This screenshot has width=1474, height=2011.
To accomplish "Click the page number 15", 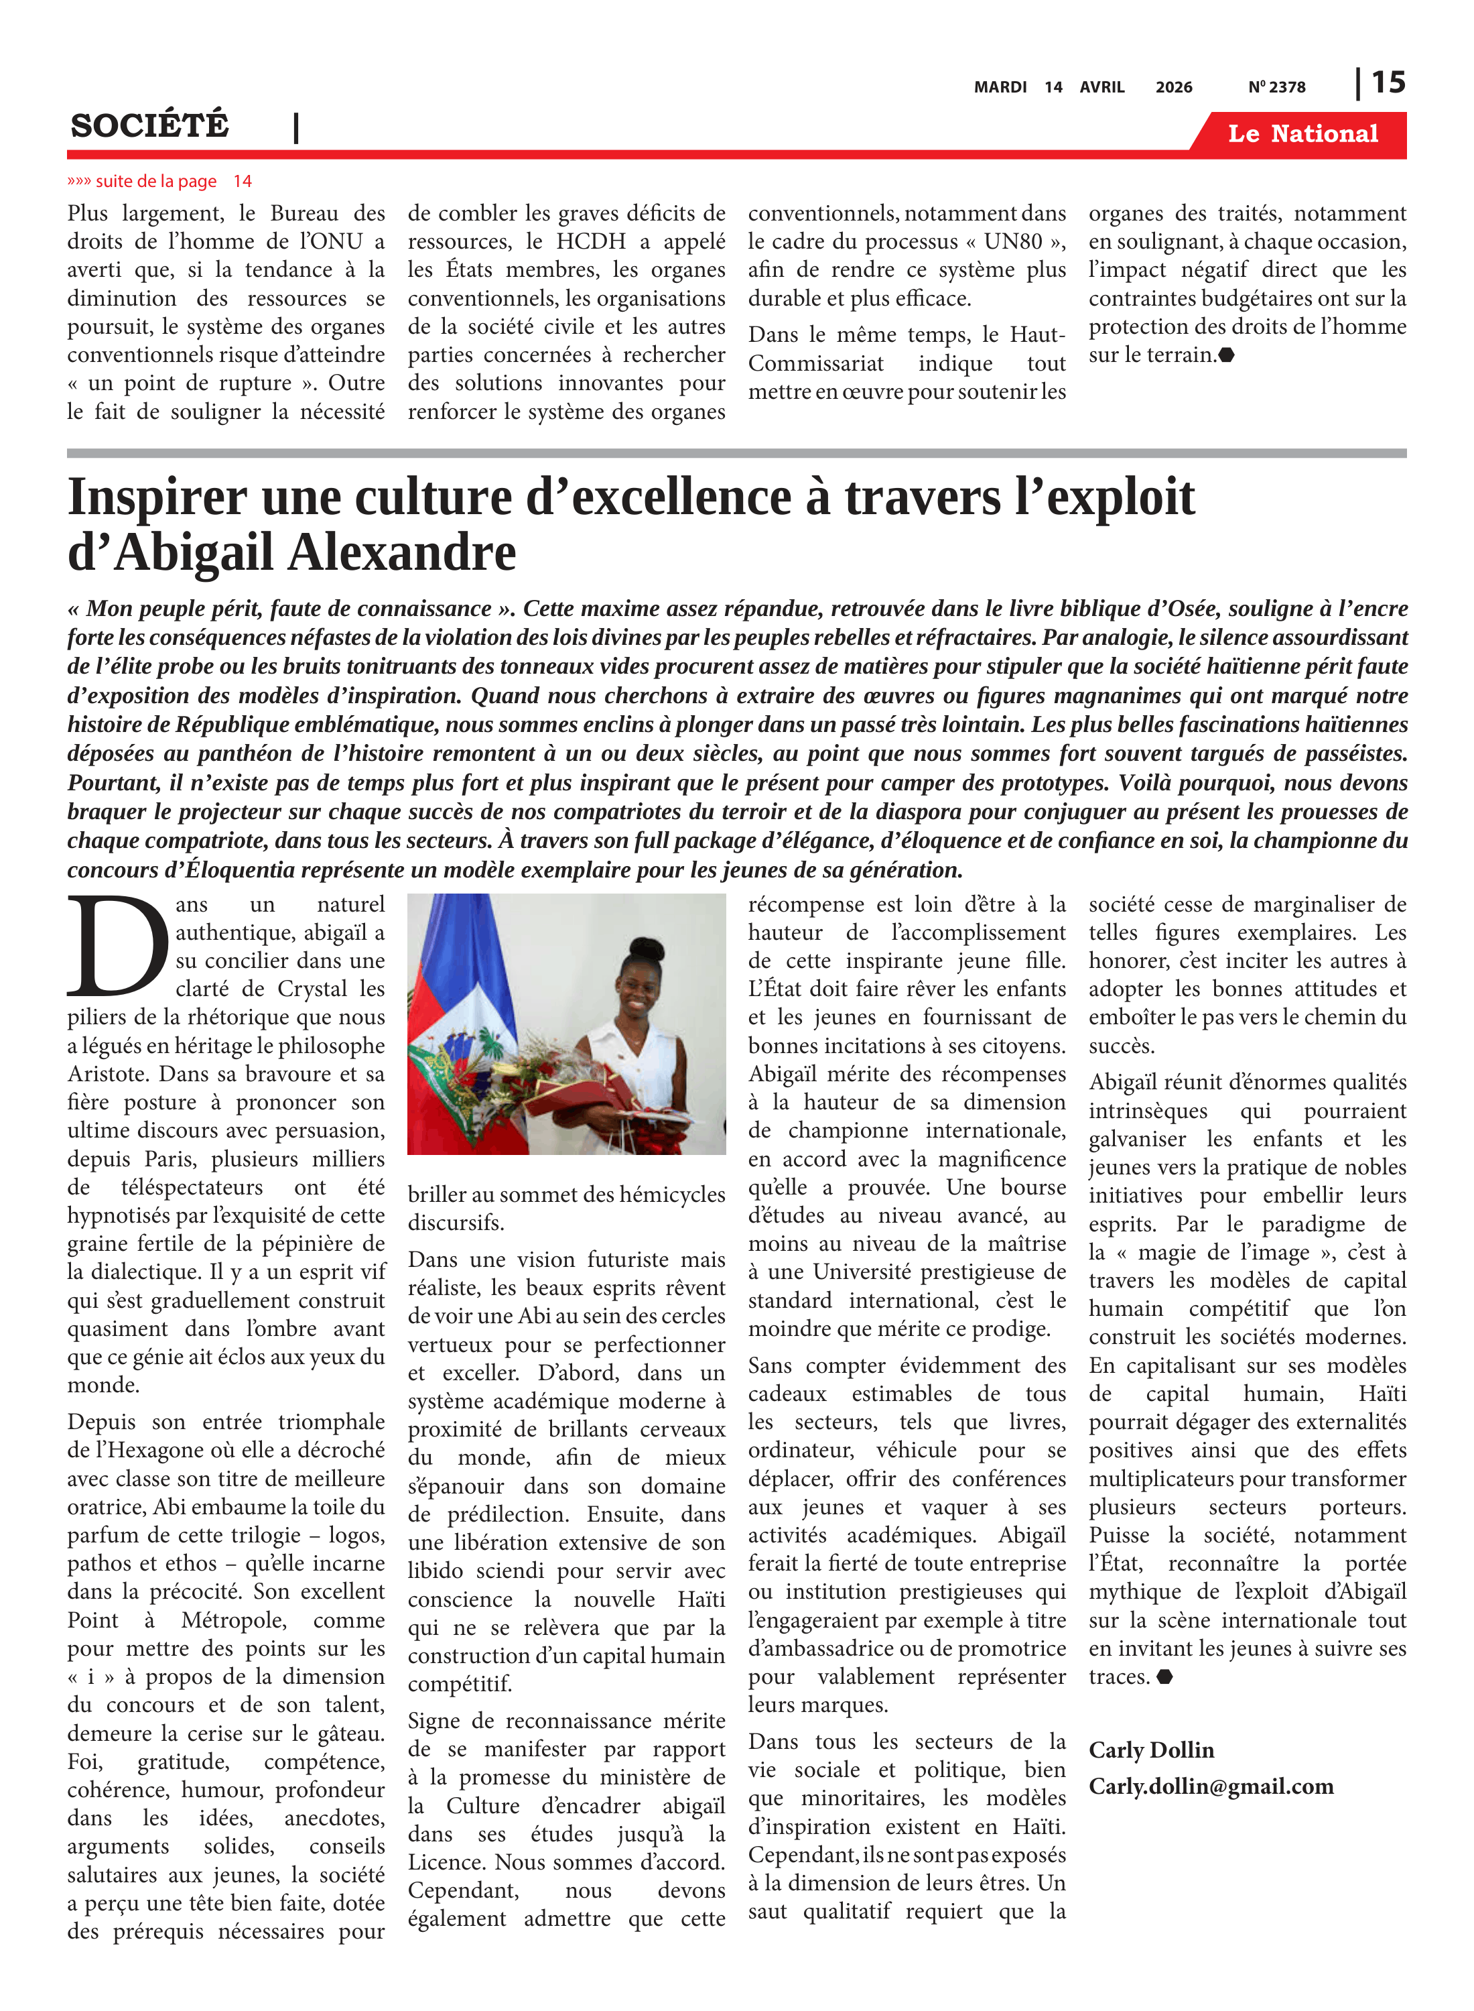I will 1388,82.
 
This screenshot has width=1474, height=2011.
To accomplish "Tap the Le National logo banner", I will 1302,134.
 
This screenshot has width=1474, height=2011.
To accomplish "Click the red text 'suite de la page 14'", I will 159,181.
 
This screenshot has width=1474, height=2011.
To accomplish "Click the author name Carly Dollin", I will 1151,1750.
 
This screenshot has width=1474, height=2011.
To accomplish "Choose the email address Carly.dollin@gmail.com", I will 1211,1785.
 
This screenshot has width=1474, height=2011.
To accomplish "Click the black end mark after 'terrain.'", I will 1226,355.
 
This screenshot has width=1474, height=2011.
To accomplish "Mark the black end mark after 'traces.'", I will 1164,1677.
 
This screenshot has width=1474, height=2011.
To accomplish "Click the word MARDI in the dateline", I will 1000,87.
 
